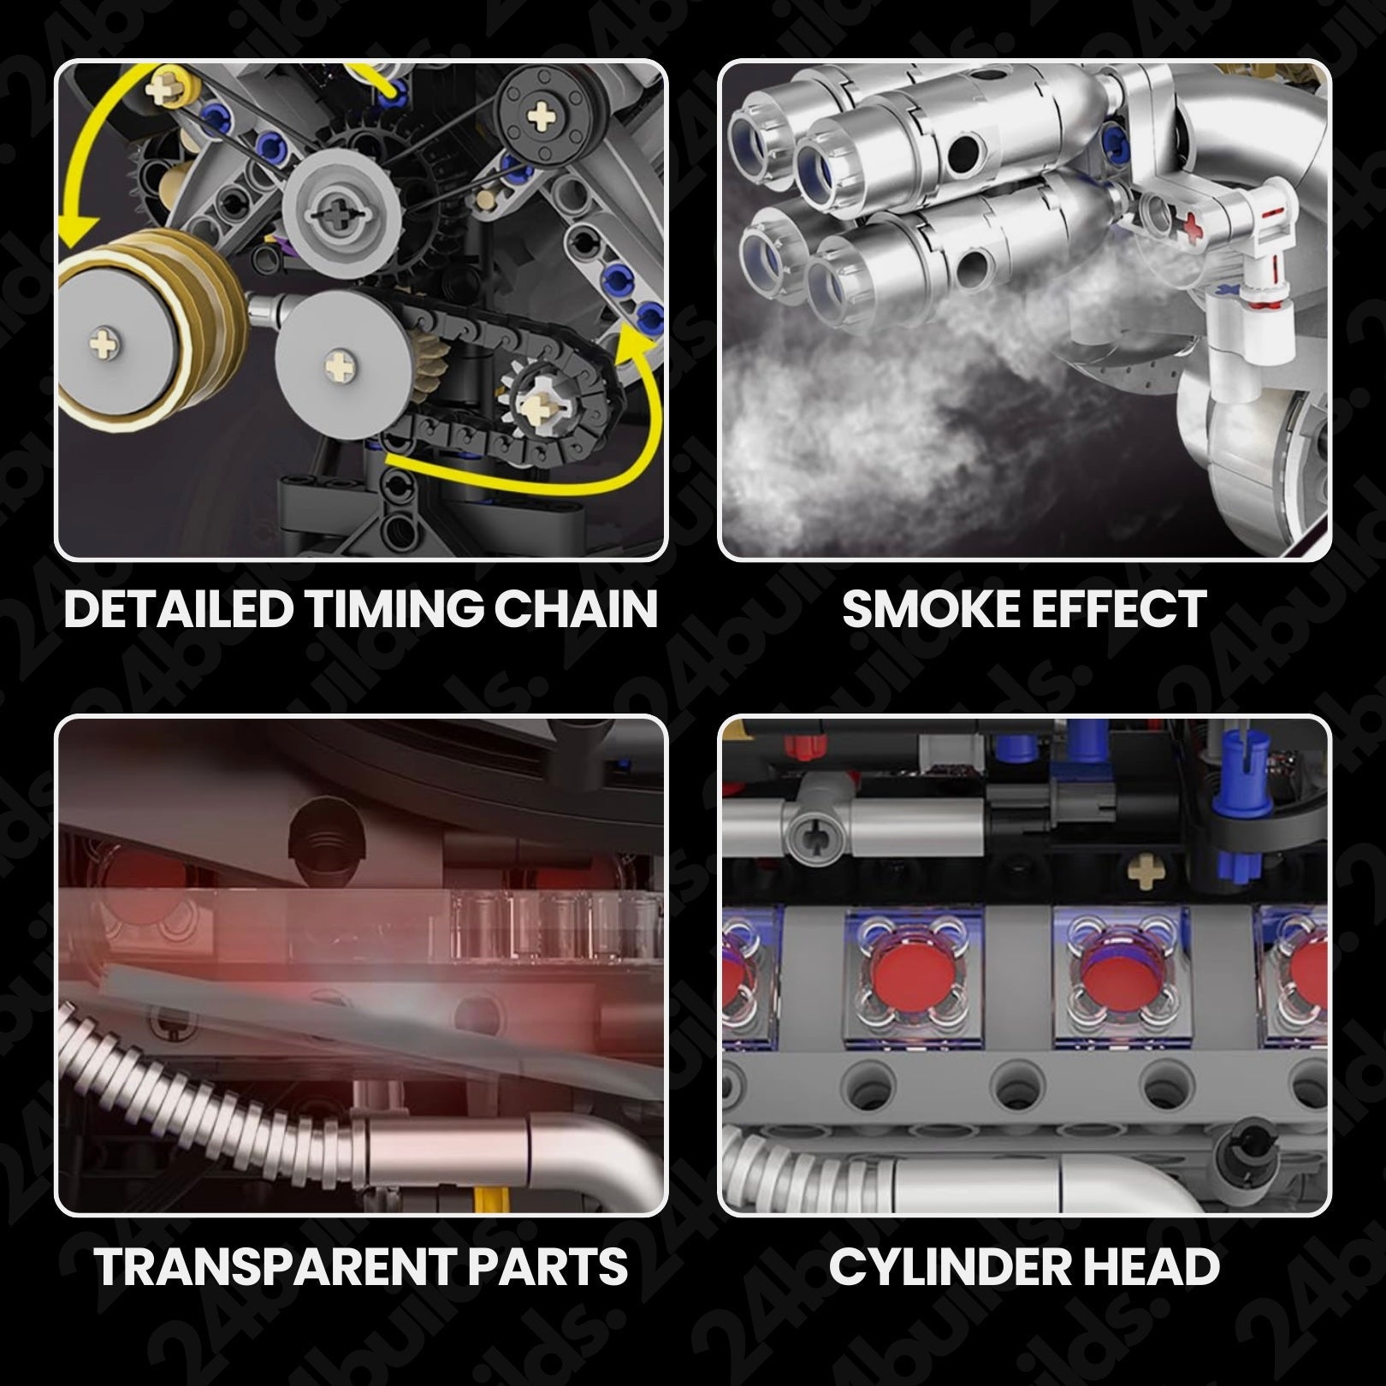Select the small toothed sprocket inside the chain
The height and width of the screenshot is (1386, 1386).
(540, 399)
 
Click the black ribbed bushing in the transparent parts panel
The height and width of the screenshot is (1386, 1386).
(321, 837)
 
